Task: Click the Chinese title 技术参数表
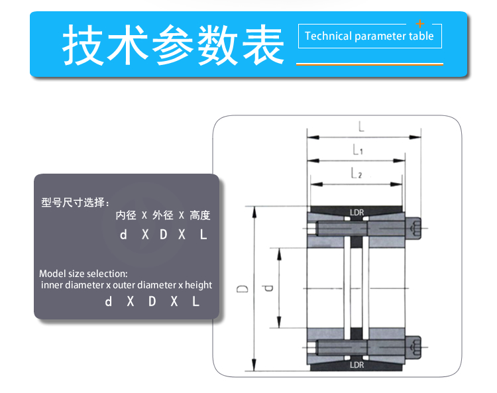pyautogui.click(x=173, y=44)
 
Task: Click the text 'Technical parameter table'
pyautogui.click(x=369, y=36)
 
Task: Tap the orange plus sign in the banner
pyautogui.click(x=420, y=24)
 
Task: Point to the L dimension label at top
pyautogui.click(x=361, y=127)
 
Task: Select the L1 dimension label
pyautogui.click(x=358, y=150)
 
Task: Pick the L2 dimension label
pyautogui.click(x=357, y=173)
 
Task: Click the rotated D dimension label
pyautogui.click(x=243, y=289)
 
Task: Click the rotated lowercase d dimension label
pyautogui.click(x=268, y=288)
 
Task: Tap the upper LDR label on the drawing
pyautogui.click(x=357, y=212)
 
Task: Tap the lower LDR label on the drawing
pyautogui.click(x=357, y=365)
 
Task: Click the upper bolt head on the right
pyautogui.click(x=413, y=228)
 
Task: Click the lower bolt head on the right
pyautogui.click(x=413, y=348)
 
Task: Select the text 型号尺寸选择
pyautogui.click(x=73, y=202)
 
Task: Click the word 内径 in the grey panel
pyautogui.click(x=126, y=215)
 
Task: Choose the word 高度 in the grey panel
pyautogui.click(x=200, y=215)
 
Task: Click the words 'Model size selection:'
pyautogui.click(x=83, y=274)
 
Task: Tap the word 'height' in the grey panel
pyautogui.click(x=198, y=285)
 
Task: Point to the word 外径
pyautogui.click(x=163, y=215)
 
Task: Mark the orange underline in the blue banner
pyautogui.click(x=370, y=64)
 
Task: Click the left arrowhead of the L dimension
pyautogui.click(x=313, y=138)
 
